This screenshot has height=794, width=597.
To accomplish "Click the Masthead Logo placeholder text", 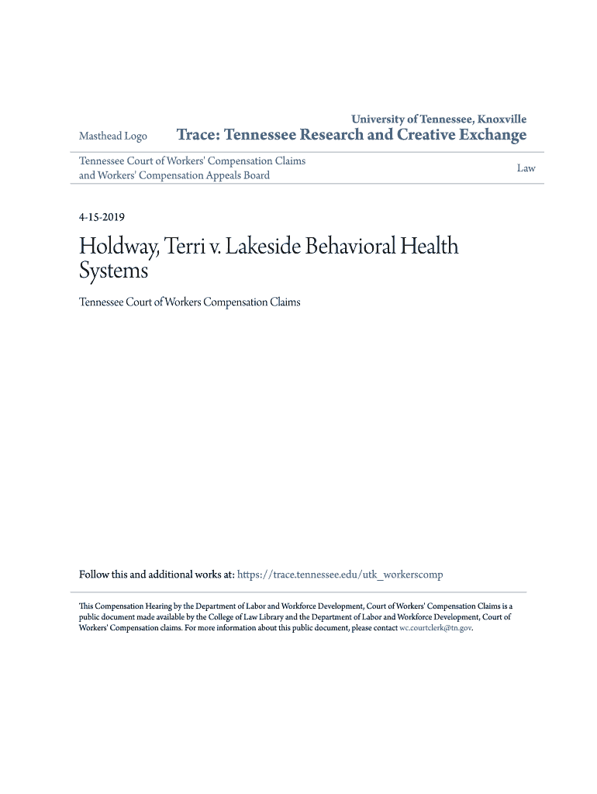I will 113,136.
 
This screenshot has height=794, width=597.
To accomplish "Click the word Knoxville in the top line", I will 502,119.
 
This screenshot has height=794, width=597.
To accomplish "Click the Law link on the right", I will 526,168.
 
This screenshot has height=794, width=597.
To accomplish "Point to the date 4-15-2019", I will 102,218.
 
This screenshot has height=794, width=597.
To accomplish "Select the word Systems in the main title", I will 113,271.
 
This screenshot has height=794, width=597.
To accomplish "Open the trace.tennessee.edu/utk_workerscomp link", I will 340,575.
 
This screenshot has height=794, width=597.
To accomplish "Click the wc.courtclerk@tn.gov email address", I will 435,628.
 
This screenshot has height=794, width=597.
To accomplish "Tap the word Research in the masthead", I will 332,136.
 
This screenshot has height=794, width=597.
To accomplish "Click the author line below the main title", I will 190,302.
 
